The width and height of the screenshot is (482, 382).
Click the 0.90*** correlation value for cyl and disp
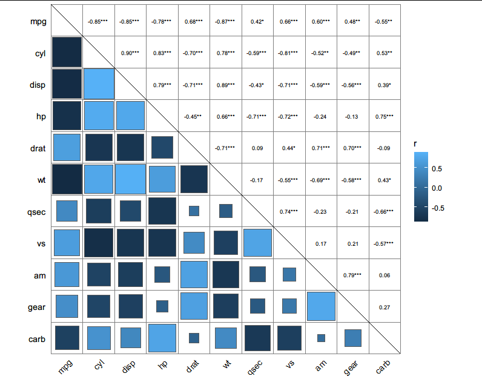130,53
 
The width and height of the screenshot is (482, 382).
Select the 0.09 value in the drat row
257,148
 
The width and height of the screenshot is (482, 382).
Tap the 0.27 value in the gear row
384,307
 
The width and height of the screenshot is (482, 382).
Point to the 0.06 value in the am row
384,275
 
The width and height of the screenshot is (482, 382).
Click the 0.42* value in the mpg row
257,21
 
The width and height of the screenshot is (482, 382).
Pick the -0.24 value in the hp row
321,116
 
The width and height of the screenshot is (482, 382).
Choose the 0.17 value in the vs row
321,243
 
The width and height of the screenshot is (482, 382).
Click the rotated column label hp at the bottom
162,365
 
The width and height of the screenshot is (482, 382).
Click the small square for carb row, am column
321,338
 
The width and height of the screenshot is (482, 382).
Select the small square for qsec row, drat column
194,211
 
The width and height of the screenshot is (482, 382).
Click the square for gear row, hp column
162,306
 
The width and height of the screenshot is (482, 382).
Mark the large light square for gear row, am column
321,306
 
